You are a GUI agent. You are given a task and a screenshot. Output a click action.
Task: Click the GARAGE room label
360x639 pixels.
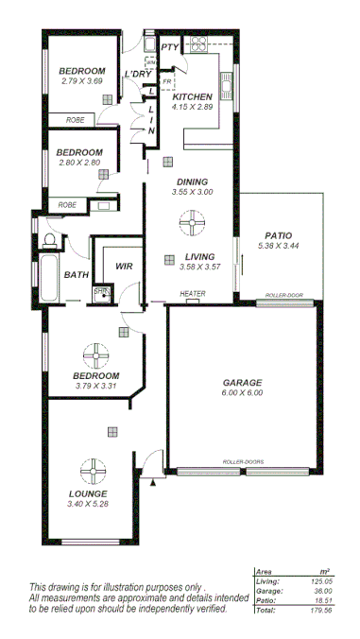coord(243,382)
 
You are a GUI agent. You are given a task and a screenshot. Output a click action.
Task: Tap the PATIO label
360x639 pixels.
coord(276,235)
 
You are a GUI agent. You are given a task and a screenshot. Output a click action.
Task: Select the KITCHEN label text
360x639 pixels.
coord(192,96)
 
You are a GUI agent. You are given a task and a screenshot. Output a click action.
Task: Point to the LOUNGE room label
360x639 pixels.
coord(88,493)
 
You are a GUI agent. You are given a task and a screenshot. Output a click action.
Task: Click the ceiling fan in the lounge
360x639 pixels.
coord(94,472)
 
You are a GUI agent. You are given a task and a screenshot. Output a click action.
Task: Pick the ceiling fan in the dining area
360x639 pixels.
coord(191,224)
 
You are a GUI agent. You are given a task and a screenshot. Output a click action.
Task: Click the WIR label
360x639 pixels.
coord(124,267)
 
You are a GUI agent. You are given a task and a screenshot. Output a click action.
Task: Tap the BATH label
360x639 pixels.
coord(76,275)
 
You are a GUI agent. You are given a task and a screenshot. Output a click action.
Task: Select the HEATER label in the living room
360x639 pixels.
coord(193,294)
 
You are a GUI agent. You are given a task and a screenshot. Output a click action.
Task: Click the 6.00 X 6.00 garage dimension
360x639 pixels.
coord(243,392)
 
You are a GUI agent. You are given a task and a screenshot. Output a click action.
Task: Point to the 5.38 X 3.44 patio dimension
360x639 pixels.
coord(278,246)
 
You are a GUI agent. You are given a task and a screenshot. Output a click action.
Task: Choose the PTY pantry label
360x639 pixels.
coord(170,46)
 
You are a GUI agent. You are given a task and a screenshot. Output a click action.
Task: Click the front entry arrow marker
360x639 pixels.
coord(153,483)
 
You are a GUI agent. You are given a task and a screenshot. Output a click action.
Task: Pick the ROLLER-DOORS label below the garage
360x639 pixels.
coord(243,461)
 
